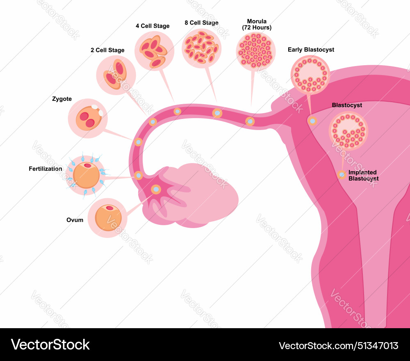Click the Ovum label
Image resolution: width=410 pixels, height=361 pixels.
pos(75,220)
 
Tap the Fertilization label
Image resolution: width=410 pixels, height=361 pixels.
pos(46,169)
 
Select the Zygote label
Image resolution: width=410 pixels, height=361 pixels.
pos(62,99)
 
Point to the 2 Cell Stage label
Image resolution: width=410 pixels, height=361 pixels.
pos(107,50)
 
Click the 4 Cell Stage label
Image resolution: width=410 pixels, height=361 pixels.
pos(153,26)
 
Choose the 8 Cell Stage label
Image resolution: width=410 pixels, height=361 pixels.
pos(201,23)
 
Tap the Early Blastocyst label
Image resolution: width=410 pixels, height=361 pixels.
pos(311,50)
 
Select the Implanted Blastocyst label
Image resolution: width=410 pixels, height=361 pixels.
pos(363,176)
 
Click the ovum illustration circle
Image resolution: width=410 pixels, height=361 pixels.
pos(108,218)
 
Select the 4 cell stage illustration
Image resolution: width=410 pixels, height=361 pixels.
pos(152,51)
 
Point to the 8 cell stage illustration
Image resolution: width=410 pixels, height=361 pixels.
pos(201,48)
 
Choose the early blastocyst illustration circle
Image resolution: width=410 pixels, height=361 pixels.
pos(310,75)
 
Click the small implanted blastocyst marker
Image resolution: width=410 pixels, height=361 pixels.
pos(342,175)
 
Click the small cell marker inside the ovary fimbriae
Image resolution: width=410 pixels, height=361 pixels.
pos(156,189)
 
